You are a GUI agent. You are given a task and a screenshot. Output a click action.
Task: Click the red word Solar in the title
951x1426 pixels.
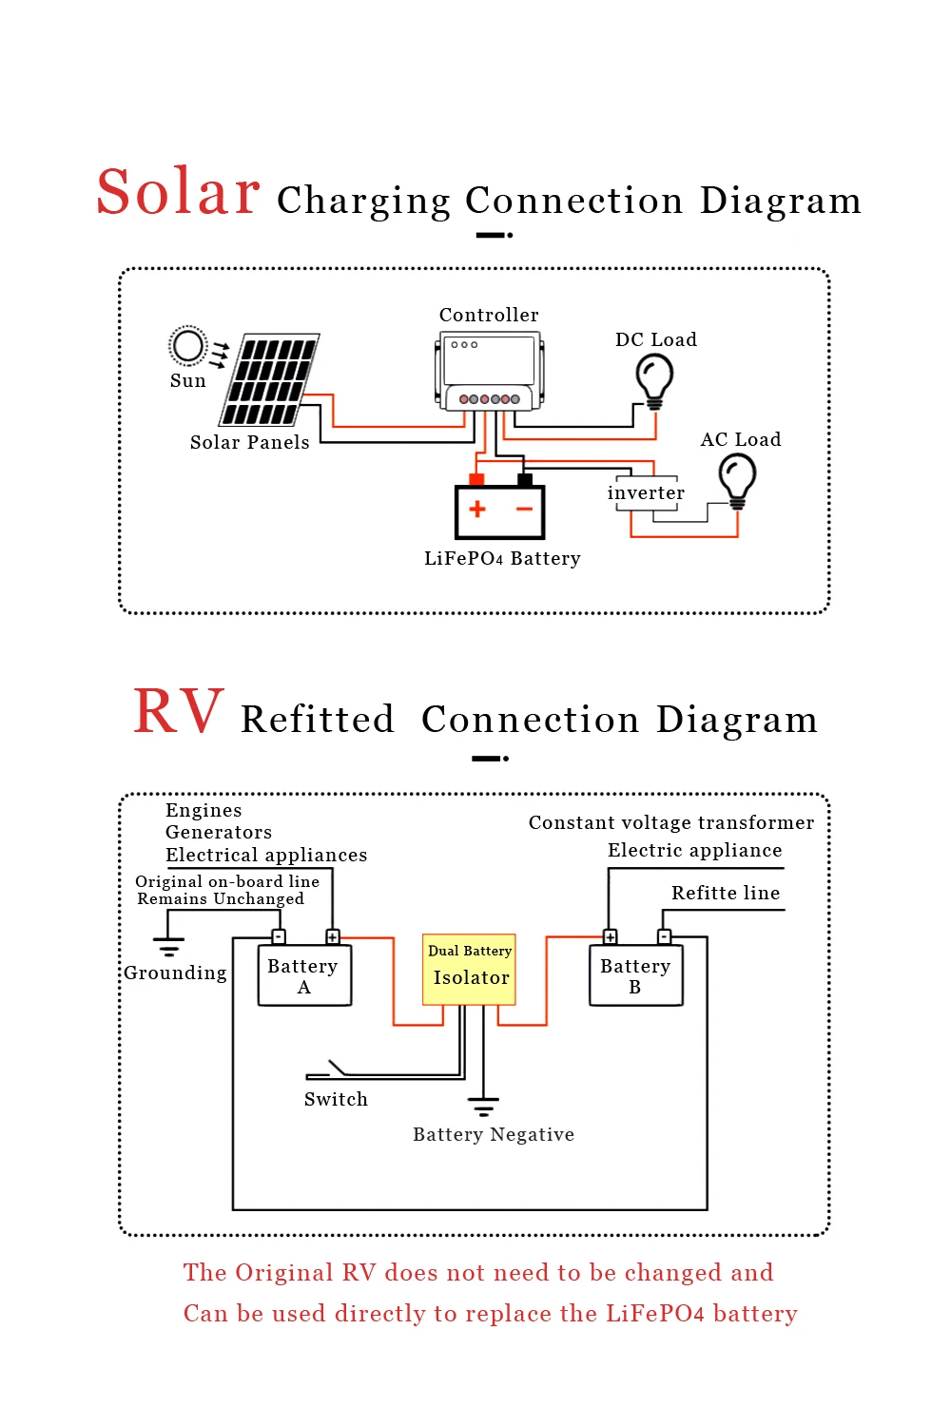pos(179,192)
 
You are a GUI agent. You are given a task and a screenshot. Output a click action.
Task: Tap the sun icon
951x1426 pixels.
pos(187,346)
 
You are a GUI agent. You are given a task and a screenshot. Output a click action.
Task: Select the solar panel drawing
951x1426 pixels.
pos(271,379)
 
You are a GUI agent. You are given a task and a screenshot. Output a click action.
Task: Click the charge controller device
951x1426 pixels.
pos(490,371)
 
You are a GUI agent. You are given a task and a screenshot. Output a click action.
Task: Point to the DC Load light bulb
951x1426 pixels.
pos(654,379)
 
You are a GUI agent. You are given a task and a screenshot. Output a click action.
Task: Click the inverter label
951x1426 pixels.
pos(646,493)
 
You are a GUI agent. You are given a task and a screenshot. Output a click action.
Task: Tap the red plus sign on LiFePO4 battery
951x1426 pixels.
pos(477,510)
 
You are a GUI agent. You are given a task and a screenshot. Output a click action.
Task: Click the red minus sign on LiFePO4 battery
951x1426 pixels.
pos(524,510)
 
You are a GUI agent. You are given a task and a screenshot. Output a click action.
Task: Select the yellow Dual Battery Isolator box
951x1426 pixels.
pos(470,970)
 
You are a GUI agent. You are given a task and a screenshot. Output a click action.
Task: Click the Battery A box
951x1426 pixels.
pos(304,975)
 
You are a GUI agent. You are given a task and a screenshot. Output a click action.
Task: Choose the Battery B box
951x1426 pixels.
pos(635,975)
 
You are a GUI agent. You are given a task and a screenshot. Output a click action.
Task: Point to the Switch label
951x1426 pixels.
pos(336,1099)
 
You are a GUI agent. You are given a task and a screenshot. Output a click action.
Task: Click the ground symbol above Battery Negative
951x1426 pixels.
pos(483,1106)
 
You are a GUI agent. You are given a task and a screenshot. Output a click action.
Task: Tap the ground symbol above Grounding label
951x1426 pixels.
pos(169,946)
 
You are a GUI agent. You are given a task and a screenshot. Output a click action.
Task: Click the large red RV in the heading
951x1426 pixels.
pos(179,712)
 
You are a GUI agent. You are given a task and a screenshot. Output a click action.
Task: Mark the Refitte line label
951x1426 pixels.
pos(726,893)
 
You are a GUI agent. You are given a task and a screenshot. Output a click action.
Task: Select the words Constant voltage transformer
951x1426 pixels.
pos(671,822)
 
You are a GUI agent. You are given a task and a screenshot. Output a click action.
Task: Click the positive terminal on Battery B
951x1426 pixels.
pos(611,937)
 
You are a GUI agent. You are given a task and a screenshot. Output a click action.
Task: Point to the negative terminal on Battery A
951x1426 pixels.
pos(279,937)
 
